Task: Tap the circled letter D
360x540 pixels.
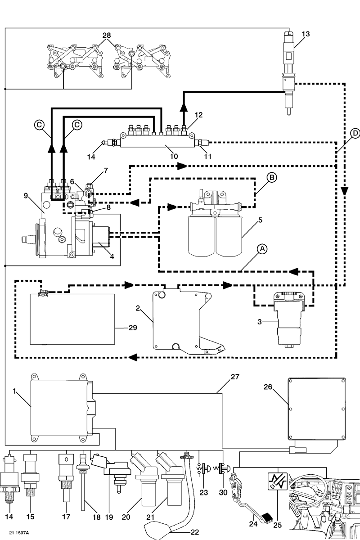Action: [354, 134]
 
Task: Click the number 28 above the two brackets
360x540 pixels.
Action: [107, 35]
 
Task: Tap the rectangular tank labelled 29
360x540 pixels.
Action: [72, 318]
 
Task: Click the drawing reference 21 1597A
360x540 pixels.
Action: [18, 532]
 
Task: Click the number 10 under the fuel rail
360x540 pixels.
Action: [174, 156]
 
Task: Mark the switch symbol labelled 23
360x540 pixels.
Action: [202, 469]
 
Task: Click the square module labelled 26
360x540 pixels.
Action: [317, 408]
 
